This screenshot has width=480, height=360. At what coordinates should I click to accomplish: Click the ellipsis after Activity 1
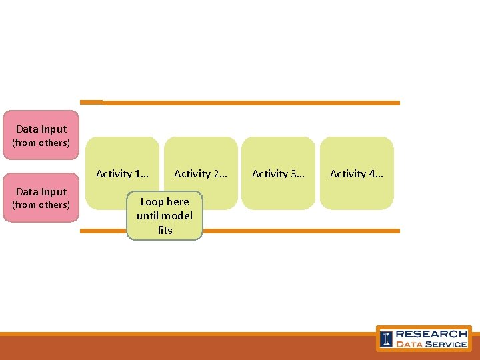(143, 175)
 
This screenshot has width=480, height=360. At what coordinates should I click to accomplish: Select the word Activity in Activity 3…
(271, 174)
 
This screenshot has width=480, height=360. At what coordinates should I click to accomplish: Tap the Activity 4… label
(356, 174)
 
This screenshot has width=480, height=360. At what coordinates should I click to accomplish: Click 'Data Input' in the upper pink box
(41, 129)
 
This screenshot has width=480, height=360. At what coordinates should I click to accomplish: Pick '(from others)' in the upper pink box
(41, 143)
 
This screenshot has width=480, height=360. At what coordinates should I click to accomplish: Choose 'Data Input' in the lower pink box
(41, 192)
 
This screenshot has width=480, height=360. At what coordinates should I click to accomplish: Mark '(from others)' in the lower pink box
(41, 205)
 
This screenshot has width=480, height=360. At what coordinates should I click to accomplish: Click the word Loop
(152, 202)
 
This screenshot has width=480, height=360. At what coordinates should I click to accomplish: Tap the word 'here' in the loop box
(177, 202)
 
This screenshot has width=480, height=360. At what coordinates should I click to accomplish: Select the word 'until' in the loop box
(148, 216)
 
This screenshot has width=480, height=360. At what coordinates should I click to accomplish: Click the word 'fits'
(165, 231)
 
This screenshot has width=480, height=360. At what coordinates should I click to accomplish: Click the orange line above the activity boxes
(253, 103)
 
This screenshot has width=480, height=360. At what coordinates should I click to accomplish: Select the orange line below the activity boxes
(300, 231)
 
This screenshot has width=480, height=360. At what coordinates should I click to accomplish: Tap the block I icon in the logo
(386, 339)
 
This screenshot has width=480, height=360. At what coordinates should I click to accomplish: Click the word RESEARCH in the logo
(431, 334)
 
